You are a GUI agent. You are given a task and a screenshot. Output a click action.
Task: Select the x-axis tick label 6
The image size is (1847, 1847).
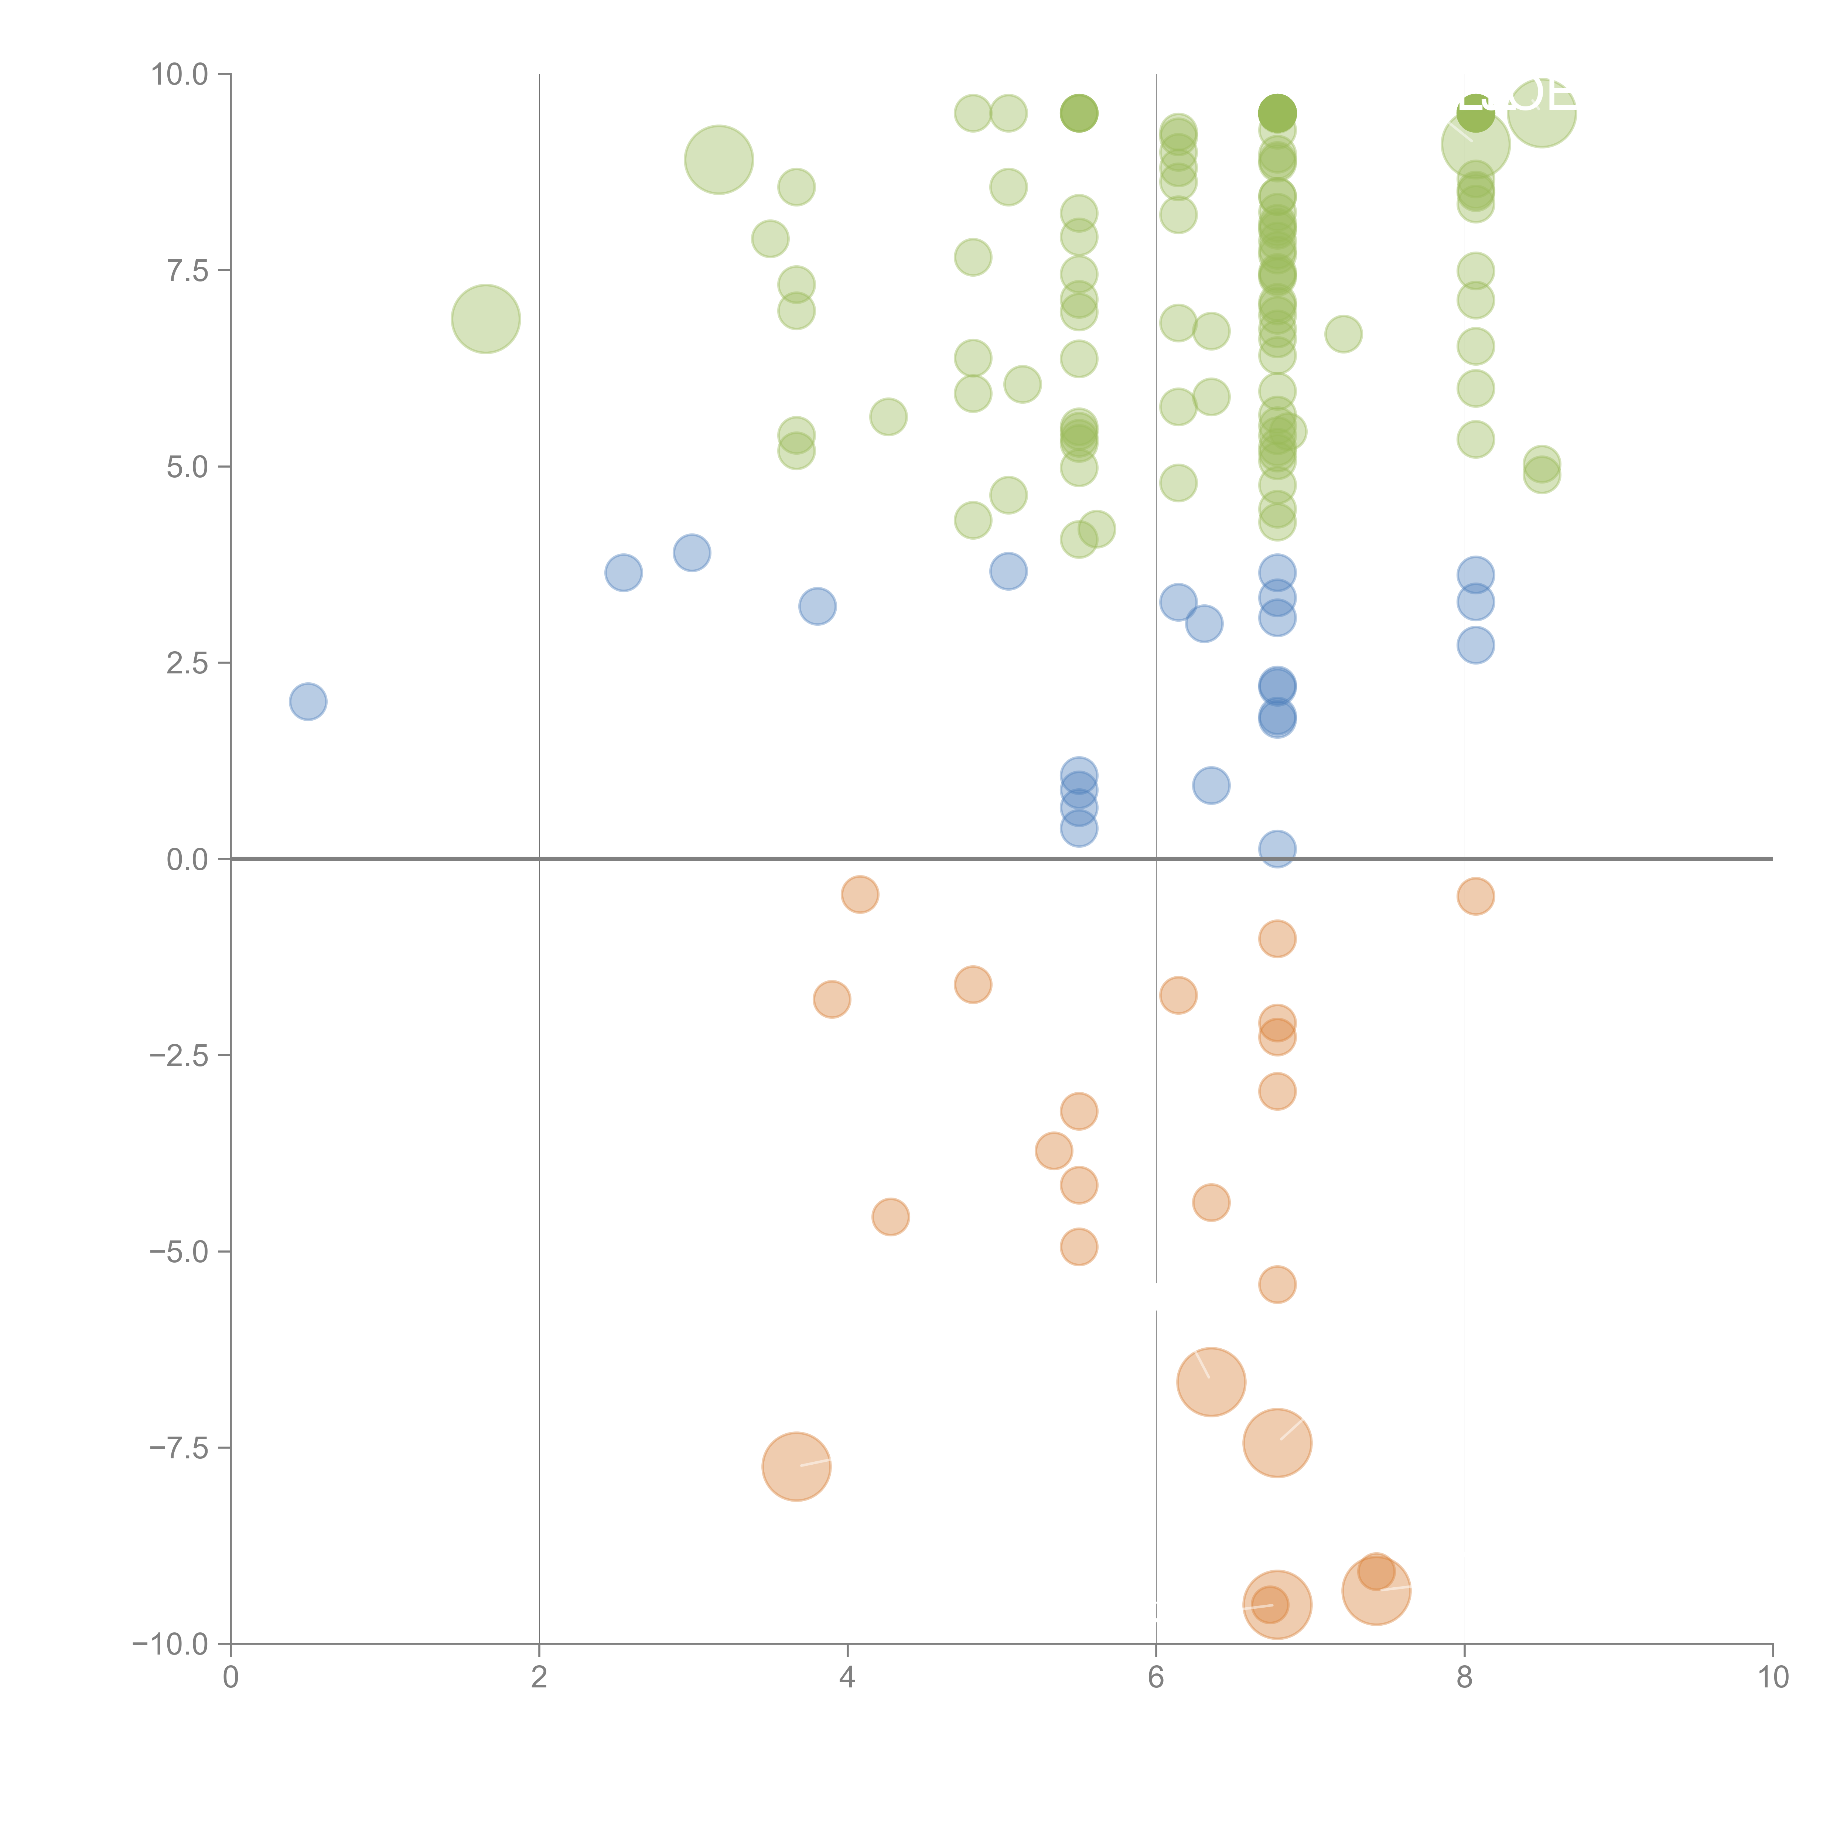pyautogui.click(x=1156, y=1678)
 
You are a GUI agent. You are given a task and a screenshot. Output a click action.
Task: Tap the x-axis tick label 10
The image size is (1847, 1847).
pyautogui.click(x=1772, y=1678)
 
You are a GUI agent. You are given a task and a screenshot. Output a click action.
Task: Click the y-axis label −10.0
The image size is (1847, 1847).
pyautogui.click(x=170, y=1644)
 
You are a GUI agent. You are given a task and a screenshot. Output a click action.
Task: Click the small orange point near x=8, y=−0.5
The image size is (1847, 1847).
pyautogui.click(x=1475, y=896)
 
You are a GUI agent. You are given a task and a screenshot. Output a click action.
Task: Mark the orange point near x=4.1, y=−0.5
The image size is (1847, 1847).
pyautogui.click(x=860, y=894)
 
